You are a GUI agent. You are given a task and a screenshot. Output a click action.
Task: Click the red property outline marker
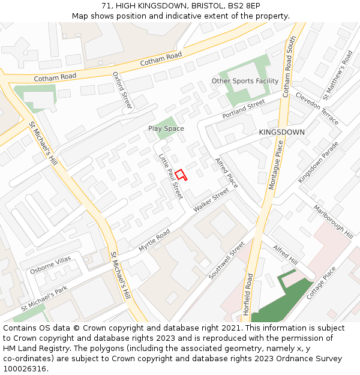[x=181, y=175]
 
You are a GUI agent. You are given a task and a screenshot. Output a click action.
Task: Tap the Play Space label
[x=166, y=128]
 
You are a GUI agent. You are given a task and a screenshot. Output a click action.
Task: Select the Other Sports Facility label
[x=245, y=81]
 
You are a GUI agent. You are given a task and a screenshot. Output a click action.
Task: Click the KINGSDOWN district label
[x=281, y=132]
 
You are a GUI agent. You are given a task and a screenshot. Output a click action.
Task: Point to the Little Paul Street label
[x=170, y=176]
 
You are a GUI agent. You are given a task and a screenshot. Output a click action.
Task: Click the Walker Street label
[x=211, y=199]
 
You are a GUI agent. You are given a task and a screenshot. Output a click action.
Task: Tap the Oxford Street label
[x=122, y=91]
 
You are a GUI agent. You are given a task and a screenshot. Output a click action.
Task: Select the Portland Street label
[x=244, y=109]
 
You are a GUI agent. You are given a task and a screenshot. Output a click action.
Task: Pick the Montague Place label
[x=275, y=164]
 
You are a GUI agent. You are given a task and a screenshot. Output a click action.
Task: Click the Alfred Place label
[x=227, y=172]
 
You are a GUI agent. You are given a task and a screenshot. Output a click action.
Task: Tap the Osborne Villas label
[x=50, y=265]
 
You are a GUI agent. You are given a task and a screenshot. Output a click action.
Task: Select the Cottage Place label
[x=322, y=283]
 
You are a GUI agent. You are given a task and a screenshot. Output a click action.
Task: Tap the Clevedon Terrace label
[x=317, y=109]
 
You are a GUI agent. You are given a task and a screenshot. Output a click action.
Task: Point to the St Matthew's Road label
[x=337, y=75]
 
